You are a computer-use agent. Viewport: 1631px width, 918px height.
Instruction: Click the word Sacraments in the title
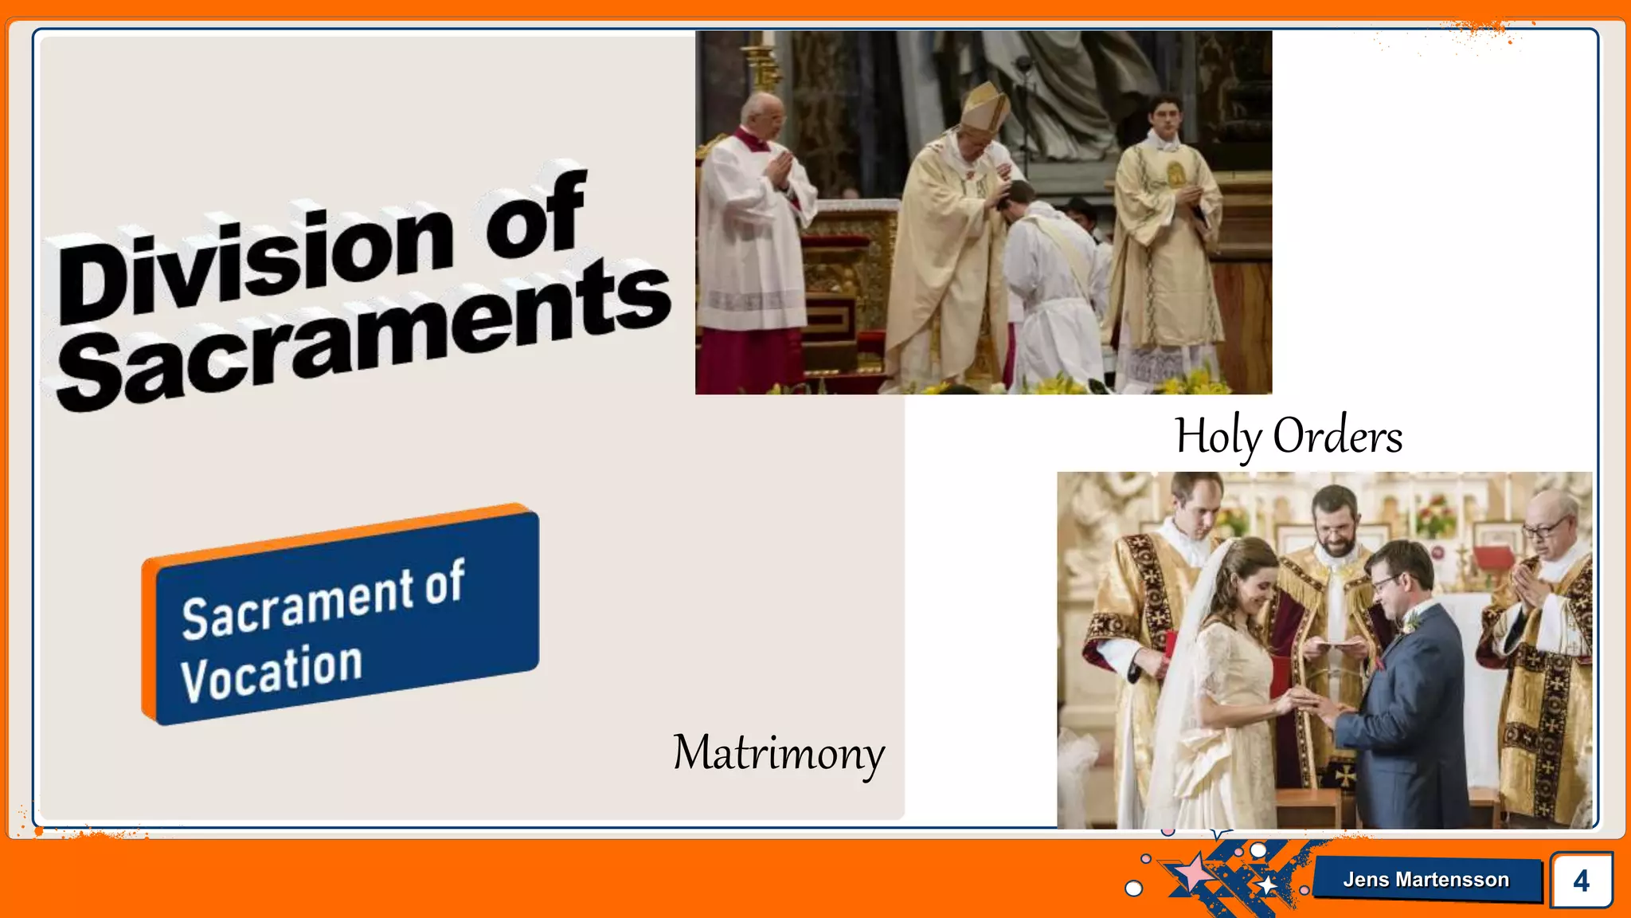[x=362, y=339]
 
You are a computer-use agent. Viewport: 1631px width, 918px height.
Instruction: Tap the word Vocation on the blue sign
[x=271, y=673]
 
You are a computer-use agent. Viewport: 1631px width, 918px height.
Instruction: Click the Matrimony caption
[x=778, y=753]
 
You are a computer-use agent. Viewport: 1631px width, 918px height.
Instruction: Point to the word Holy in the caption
[x=1218, y=437]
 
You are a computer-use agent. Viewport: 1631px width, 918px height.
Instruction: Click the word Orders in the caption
[x=1337, y=437]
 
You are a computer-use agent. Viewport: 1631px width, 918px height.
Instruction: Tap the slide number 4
[x=1581, y=881]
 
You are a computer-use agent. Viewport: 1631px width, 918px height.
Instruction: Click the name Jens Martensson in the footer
[x=1426, y=880]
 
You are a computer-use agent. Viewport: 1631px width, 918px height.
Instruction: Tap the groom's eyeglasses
[x=1387, y=584]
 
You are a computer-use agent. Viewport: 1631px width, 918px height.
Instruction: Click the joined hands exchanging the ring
[x=1306, y=701]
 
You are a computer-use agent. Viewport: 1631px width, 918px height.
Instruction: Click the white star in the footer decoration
[x=1267, y=885]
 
